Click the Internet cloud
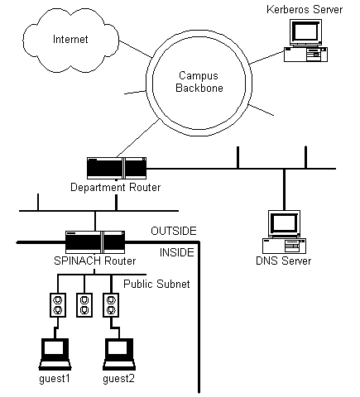pyautogui.click(x=70, y=40)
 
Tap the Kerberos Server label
pyautogui.click(x=305, y=9)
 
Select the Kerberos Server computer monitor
pyautogui.click(x=305, y=32)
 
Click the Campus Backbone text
pyautogui.click(x=199, y=82)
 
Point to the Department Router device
pyautogui.click(x=117, y=168)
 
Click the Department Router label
pyautogui.click(x=116, y=187)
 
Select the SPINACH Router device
pyautogui.click(x=95, y=242)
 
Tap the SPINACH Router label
pyautogui.click(x=95, y=261)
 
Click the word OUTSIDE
pyautogui.click(x=174, y=231)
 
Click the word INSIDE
pyautogui.click(x=177, y=252)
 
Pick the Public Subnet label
pyautogui.click(x=156, y=284)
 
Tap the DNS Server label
pyautogui.click(x=284, y=261)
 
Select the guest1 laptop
pyautogui.click(x=55, y=354)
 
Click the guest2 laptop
pyautogui.click(x=119, y=354)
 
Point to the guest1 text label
pyautogui.click(x=55, y=379)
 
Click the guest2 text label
pyautogui.click(x=119, y=379)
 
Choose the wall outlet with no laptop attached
pyautogui.click(x=84, y=305)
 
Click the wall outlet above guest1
pyautogui.click(x=58, y=305)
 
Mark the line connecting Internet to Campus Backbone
pyautogui.click(x=136, y=50)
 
